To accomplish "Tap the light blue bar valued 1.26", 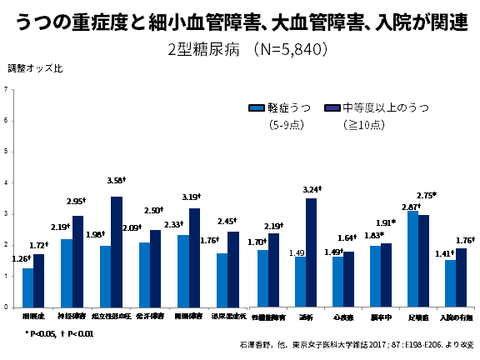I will coord(28,287).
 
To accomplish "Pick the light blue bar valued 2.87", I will coord(412,258).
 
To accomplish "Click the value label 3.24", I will coord(312,189).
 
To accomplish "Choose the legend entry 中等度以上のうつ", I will coord(387,107).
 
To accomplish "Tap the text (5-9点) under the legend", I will coord(286,126).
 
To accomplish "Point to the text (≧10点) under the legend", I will coord(363,126).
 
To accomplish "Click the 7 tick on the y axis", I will coord(6,89).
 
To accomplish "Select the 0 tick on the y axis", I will coord(6,307).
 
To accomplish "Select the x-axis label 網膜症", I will coord(33,317).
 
